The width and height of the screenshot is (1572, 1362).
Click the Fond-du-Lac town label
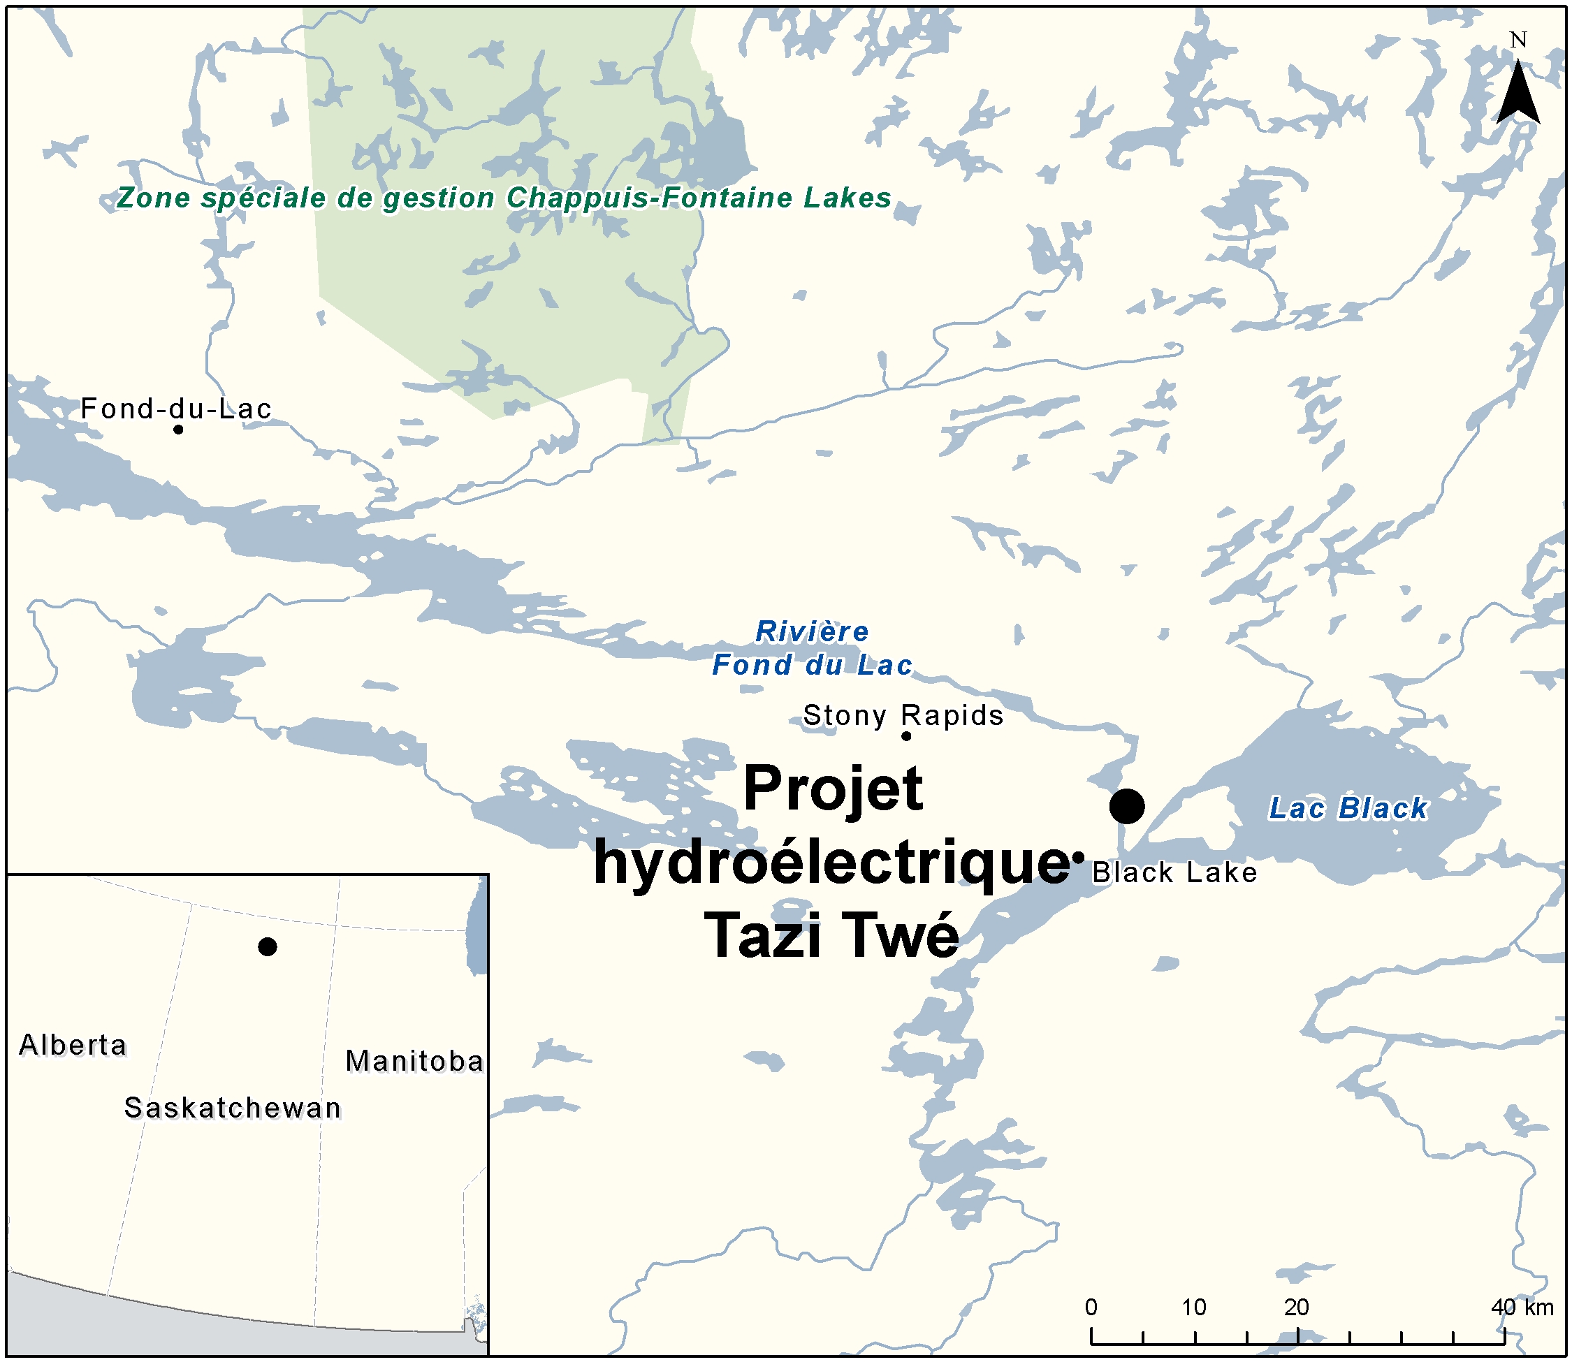(175, 409)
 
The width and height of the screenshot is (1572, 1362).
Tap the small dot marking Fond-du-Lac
(178, 430)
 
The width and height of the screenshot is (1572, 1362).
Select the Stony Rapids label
(903, 715)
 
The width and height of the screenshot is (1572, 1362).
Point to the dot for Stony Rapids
(906, 735)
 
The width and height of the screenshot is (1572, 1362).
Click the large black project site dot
(1126, 805)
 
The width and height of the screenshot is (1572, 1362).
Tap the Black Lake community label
(1174, 872)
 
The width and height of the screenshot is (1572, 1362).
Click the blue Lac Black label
(1348, 808)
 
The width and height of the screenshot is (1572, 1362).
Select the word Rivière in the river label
(812, 631)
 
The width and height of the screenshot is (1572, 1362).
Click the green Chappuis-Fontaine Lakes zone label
(503, 198)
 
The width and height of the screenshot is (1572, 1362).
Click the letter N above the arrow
(1518, 40)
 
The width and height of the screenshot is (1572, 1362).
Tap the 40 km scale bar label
(1522, 1307)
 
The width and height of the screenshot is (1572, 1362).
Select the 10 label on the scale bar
(1193, 1307)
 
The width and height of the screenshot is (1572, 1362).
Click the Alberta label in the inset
(73, 1045)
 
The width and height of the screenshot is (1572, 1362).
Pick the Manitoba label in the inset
(414, 1061)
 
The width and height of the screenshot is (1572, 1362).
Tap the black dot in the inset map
(267, 946)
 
